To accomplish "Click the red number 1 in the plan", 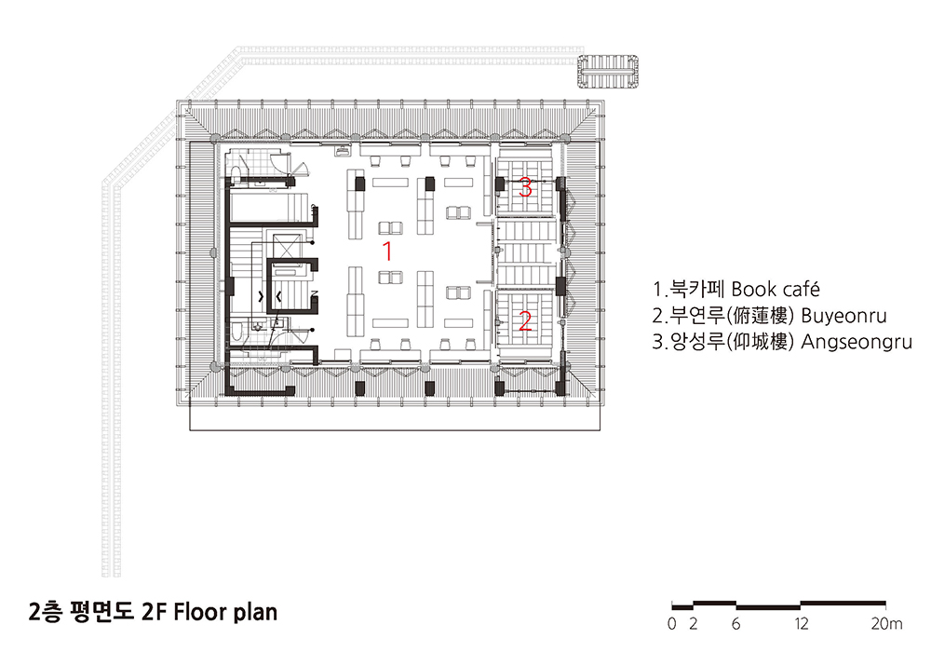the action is pos(387,251).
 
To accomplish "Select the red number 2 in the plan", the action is pos(525,321).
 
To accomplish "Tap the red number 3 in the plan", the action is pos(525,187).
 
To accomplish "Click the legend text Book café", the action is pos(776,290).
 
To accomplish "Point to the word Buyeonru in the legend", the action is pos(843,316).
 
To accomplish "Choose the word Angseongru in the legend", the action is pos(857,342).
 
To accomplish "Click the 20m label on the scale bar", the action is pos(886,623).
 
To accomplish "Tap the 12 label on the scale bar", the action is pos(802,623).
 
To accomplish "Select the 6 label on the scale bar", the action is pos(736,623).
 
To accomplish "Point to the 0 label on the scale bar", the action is pos(671,623).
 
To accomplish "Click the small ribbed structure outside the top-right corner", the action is pos(608,72).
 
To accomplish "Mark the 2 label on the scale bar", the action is pos(693,623).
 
